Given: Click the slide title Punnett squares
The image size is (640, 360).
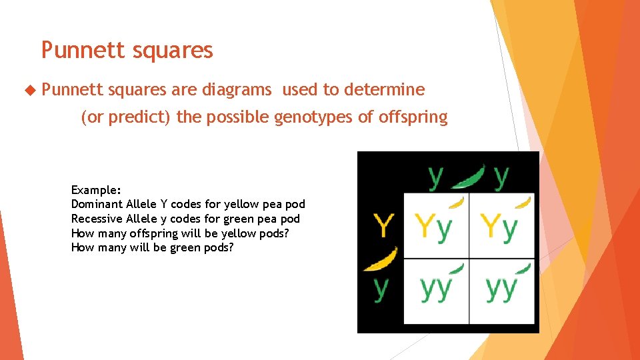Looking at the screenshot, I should point(127,50).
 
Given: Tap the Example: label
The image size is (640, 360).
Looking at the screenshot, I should point(96,190).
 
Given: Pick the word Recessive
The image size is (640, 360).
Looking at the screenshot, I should point(97,219).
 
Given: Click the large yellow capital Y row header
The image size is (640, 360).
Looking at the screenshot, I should point(383,225).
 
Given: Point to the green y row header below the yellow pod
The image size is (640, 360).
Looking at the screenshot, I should point(380,287).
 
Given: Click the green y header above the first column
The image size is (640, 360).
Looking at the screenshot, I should point(435,177).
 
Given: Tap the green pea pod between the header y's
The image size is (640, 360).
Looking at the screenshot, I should point(468,177).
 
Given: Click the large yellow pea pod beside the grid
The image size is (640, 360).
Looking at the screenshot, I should point(381,259).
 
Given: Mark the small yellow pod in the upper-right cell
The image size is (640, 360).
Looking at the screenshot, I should point(524,202).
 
